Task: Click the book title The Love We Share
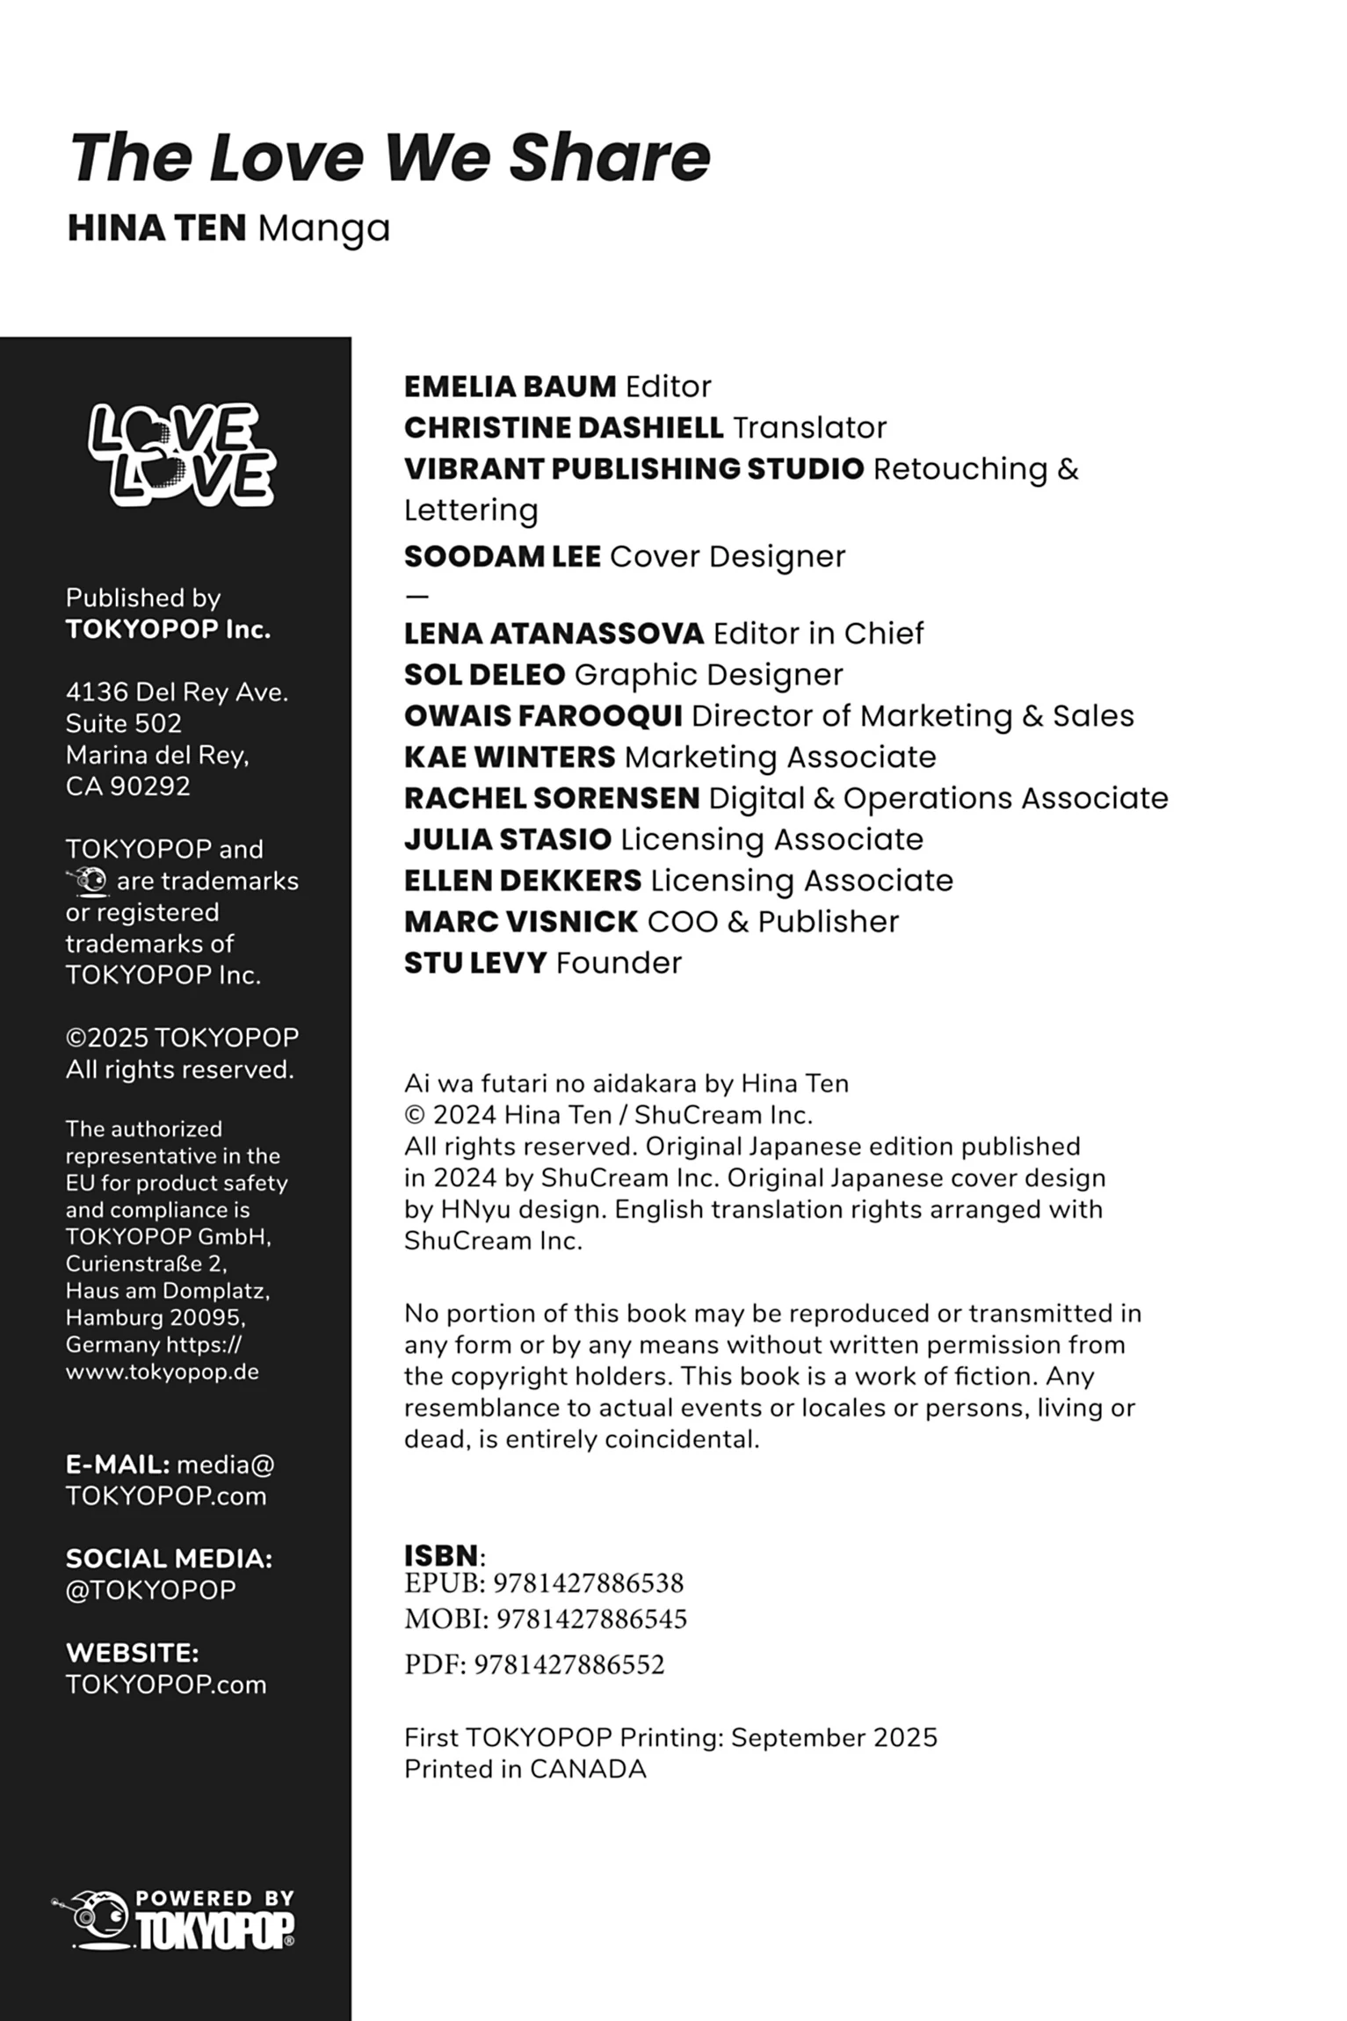(x=389, y=158)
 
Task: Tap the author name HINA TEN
(x=156, y=228)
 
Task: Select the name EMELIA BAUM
(x=510, y=387)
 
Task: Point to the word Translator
(x=809, y=428)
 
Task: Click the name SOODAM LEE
(x=502, y=557)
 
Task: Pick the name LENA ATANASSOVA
(x=554, y=634)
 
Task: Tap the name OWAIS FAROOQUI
(x=543, y=716)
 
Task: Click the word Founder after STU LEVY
(x=619, y=963)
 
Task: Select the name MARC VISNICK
(x=520, y=922)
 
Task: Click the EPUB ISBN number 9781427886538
(x=588, y=1583)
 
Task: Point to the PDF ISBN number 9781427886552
(x=568, y=1665)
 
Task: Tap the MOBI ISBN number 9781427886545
(x=591, y=1619)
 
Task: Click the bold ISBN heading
(x=441, y=1555)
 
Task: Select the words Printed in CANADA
(x=525, y=1769)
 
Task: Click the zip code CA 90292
(x=127, y=786)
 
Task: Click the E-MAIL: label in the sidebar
(x=118, y=1465)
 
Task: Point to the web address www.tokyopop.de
(x=162, y=1372)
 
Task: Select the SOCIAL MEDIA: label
(x=169, y=1559)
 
